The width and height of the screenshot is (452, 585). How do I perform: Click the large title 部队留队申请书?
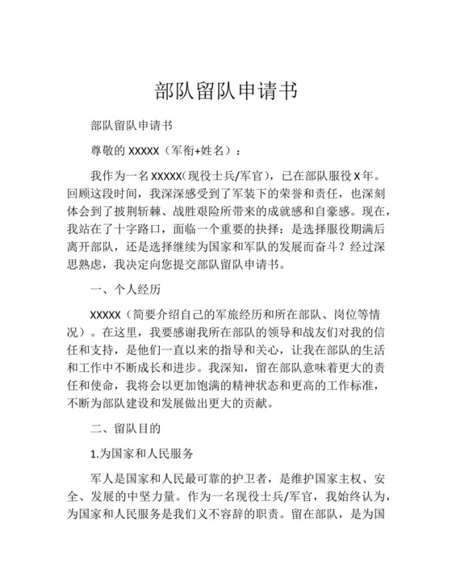[225, 90]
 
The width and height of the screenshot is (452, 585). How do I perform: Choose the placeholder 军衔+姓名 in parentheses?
[202, 151]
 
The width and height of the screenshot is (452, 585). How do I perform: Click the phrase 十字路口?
[133, 228]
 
